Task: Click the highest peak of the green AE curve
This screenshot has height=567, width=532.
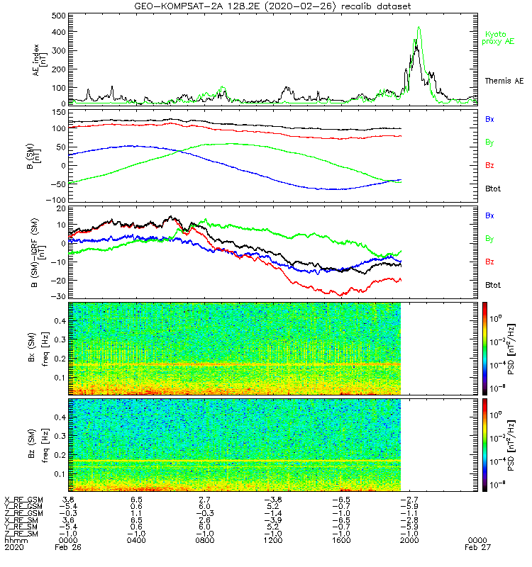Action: pyautogui.click(x=419, y=28)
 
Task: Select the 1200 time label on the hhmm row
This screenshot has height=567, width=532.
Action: pyautogui.click(x=273, y=541)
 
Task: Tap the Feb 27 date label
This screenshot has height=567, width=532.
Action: pyautogui.click(x=476, y=548)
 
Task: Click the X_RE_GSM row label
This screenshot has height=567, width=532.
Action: pyautogui.click(x=23, y=500)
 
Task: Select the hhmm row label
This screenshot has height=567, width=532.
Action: pyautogui.click(x=14, y=541)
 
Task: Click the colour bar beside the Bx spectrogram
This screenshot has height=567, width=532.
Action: pyautogui.click(x=484, y=347)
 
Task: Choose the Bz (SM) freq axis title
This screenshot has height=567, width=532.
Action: pyautogui.click(x=43, y=444)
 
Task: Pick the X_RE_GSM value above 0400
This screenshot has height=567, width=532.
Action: pyautogui.click(x=137, y=500)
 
